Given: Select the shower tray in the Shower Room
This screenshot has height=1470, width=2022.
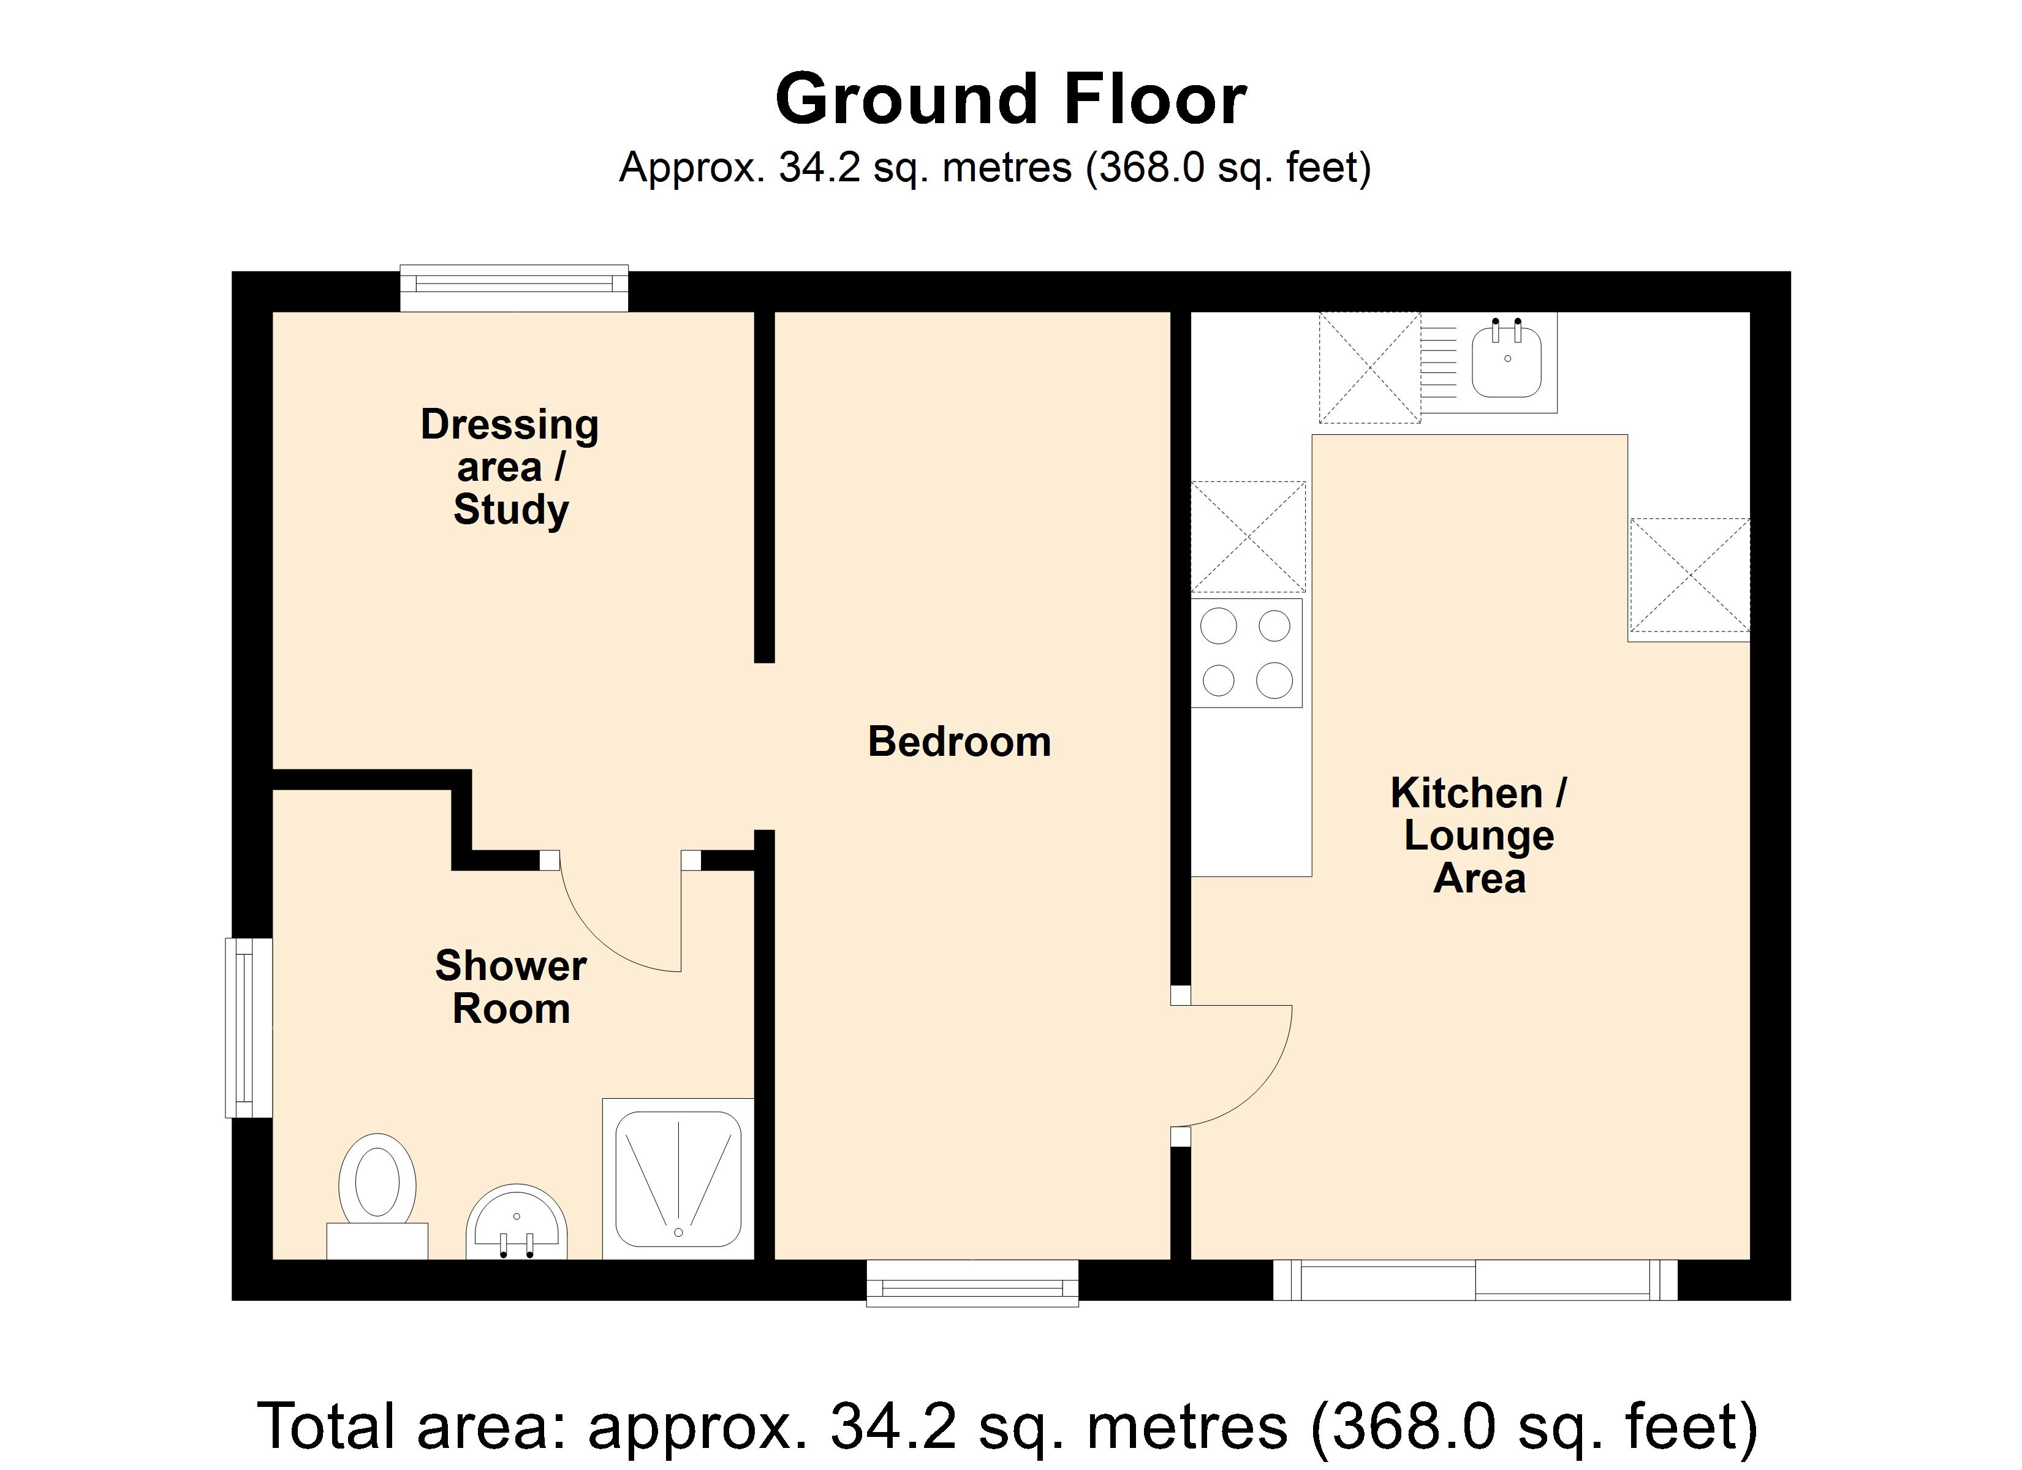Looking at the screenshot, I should [x=678, y=1178].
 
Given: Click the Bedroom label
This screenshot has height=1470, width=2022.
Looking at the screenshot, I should [x=960, y=742].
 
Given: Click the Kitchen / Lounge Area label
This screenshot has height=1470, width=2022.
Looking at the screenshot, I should [x=1479, y=835].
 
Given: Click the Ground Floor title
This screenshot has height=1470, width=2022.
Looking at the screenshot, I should [x=1010, y=99].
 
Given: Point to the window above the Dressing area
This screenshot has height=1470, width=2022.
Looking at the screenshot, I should [x=513, y=287].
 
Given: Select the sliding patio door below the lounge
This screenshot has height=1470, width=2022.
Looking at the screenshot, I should [x=1475, y=1280].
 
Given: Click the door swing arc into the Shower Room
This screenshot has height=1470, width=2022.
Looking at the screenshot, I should [x=615, y=927].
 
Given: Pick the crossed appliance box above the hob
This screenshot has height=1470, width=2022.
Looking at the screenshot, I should [x=1248, y=537].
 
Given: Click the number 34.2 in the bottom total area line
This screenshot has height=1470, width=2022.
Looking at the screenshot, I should [x=892, y=1427].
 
